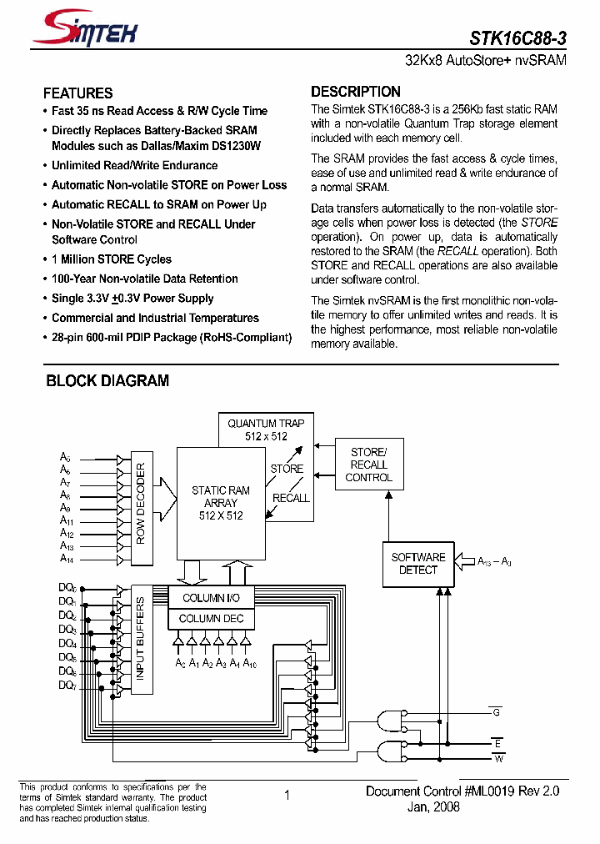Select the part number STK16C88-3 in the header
coord(517,38)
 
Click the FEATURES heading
coord(77,93)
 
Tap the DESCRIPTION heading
coord(356,92)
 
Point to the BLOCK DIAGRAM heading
coord(107,381)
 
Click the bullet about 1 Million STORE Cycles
coord(111,259)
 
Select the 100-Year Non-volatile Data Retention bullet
coord(144,279)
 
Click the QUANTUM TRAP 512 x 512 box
coord(267,430)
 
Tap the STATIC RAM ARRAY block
coord(221,503)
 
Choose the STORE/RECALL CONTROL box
coord(368,465)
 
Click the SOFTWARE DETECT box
coord(418,563)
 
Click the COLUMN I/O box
coord(211,598)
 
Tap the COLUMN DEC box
coord(211,618)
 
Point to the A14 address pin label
coord(67,559)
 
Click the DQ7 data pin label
coord(67,685)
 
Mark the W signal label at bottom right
coord(498,758)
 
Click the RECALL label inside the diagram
coord(291,498)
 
